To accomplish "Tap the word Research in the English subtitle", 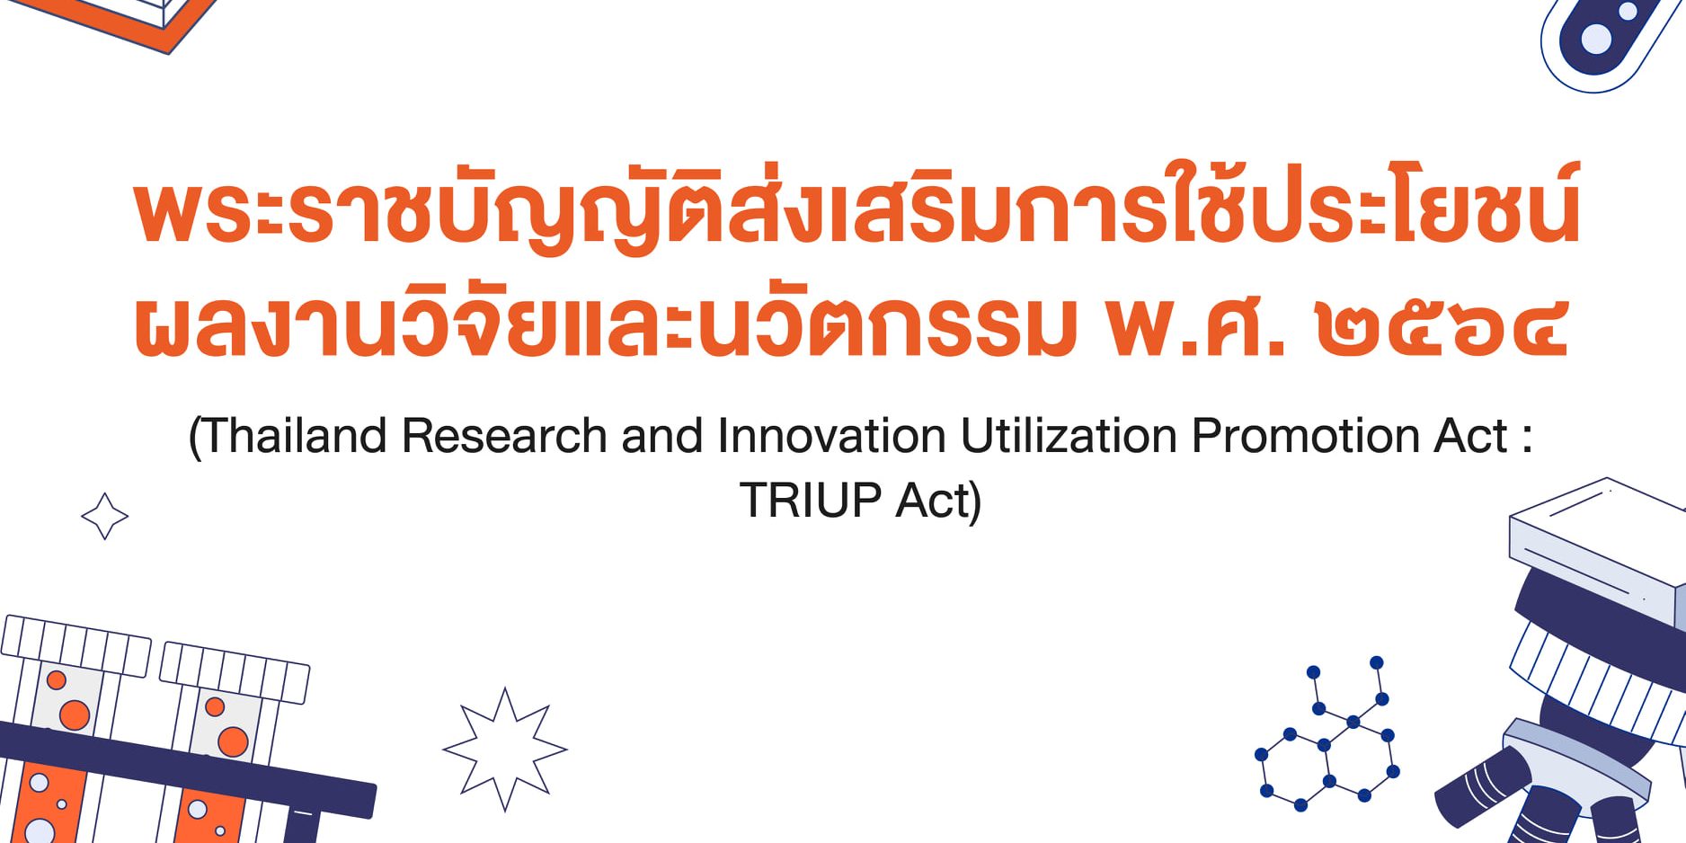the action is pyautogui.click(x=504, y=437).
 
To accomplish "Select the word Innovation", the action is pyautogui.click(x=831, y=437).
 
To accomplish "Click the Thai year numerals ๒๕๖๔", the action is pyautogui.click(x=1442, y=327).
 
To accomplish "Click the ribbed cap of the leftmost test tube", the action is pyautogui.click(x=75, y=645).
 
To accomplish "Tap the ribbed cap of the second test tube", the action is pyautogui.click(x=235, y=672).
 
